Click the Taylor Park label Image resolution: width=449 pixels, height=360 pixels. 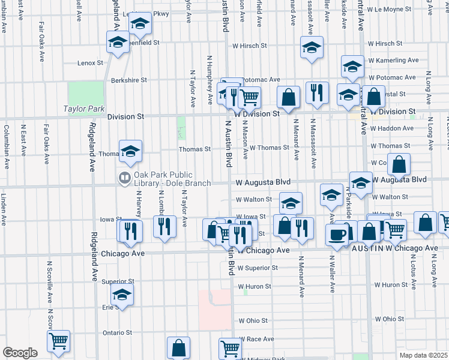point(84,109)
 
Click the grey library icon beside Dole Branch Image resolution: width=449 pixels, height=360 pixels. point(125,177)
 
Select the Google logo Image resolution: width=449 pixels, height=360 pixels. point(20,353)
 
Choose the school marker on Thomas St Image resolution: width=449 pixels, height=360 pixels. point(130,152)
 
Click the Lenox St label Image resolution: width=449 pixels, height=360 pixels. point(91,62)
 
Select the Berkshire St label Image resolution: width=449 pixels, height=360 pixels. point(128,80)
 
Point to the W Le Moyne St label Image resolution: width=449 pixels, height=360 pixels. point(388,10)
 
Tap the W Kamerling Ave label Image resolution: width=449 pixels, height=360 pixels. point(393,61)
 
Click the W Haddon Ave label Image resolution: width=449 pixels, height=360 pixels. point(392,128)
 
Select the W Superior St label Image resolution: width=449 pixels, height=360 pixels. point(258,268)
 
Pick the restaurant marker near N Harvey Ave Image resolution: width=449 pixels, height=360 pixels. point(130,232)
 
